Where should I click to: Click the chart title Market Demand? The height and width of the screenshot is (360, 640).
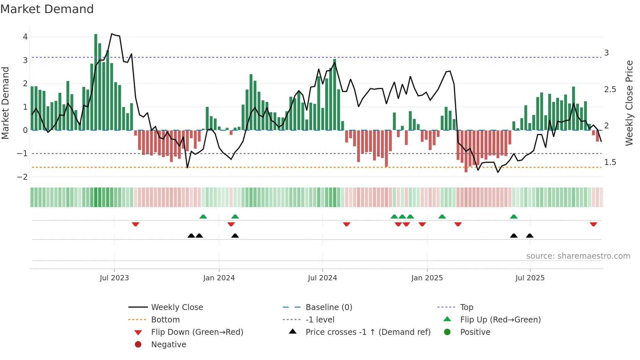pyautogui.click(x=47, y=9)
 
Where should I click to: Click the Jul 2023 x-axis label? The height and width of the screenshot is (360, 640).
pyautogui.click(x=114, y=278)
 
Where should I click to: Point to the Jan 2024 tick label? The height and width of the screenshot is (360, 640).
pyautogui.click(x=219, y=278)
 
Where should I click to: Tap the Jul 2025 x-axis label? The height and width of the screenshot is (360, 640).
pyautogui.click(x=530, y=278)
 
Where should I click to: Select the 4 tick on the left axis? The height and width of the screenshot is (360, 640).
pyautogui.click(x=25, y=37)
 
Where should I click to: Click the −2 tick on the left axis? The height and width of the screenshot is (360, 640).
pyautogui.click(x=23, y=177)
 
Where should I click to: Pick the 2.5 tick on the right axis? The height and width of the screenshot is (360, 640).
pyautogui.click(x=610, y=90)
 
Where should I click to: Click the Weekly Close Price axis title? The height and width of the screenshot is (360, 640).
pyautogui.click(x=629, y=103)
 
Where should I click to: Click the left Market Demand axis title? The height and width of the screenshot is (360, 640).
pyautogui.click(x=5, y=103)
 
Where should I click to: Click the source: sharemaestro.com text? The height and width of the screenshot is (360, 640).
pyautogui.click(x=578, y=256)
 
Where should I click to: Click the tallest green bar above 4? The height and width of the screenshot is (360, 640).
pyautogui.click(x=96, y=82)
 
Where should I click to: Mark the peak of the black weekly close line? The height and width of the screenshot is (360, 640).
pyautogui.click(x=112, y=34)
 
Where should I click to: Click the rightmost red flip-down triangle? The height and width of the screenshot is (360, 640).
pyautogui.click(x=593, y=224)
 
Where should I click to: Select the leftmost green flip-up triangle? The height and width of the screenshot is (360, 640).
pyautogui.click(x=203, y=217)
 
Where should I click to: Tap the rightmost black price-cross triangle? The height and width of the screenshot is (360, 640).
pyautogui.click(x=530, y=236)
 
